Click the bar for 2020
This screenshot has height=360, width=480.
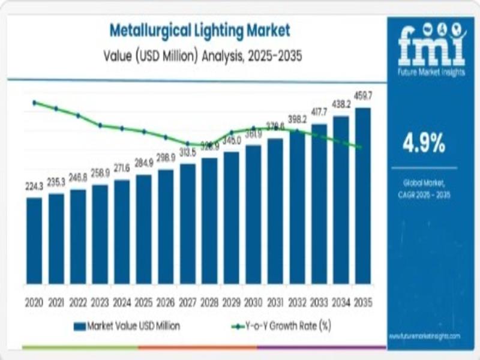(34, 241)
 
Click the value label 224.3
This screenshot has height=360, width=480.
(34, 187)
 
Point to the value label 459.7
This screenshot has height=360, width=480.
(363, 96)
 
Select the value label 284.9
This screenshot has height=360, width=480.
(144, 163)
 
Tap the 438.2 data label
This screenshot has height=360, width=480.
(341, 104)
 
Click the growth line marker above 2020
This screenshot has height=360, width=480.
(34, 103)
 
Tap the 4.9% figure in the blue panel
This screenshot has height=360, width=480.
(424, 143)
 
